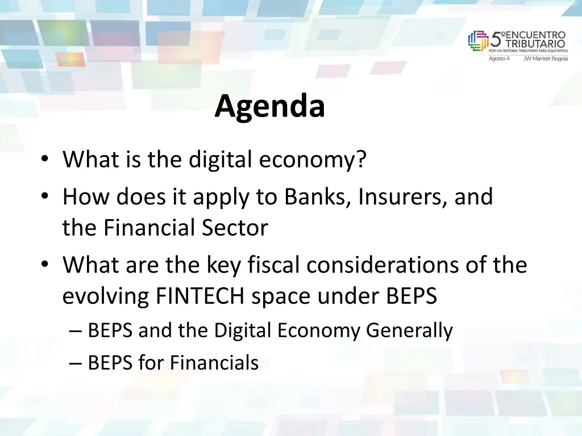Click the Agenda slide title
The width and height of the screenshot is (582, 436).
pyautogui.click(x=269, y=106)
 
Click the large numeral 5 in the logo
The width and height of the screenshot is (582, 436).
pyautogui.click(x=496, y=40)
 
